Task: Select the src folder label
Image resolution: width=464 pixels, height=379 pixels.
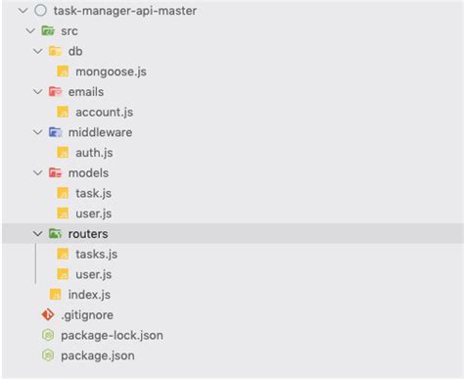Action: (x=69, y=31)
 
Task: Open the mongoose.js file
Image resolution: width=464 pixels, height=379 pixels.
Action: (x=112, y=71)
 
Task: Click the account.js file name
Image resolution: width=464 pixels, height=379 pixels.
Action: (x=104, y=112)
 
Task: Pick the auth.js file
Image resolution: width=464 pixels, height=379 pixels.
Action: (x=94, y=153)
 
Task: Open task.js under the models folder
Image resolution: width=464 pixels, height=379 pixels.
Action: (x=93, y=193)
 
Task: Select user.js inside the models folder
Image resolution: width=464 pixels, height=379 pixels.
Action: (x=93, y=213)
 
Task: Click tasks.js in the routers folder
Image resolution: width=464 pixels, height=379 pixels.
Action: (x=96, y=254)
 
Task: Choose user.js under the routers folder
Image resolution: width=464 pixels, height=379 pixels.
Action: (x=93, y=274)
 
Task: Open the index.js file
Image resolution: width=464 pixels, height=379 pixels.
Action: (x=89, y=295)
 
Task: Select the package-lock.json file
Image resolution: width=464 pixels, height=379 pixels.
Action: (x=112, y=335)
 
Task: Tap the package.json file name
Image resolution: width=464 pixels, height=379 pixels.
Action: (x=97, y=355)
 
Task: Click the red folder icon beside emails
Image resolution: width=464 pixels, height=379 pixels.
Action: (x=55, y=92)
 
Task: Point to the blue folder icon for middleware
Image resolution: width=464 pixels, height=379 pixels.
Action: (x=55, y=132)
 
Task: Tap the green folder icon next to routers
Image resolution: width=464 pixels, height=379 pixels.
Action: (x=55, y=234)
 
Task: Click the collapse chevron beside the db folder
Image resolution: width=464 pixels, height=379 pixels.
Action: (x=38, y=51)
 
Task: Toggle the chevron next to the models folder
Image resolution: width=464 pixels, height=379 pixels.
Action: (x=38, y=173)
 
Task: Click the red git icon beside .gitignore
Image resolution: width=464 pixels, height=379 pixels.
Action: (x=46, y=314)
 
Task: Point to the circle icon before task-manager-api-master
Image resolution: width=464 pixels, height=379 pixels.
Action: (x=39, y=11)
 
